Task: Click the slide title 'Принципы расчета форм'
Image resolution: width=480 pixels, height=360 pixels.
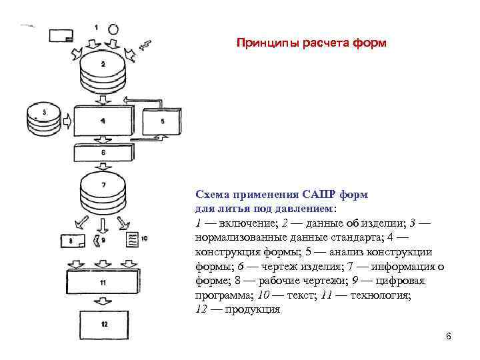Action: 311,43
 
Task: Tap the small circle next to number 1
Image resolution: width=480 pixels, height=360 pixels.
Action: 113,29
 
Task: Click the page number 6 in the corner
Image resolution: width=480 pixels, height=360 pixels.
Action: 449,337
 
